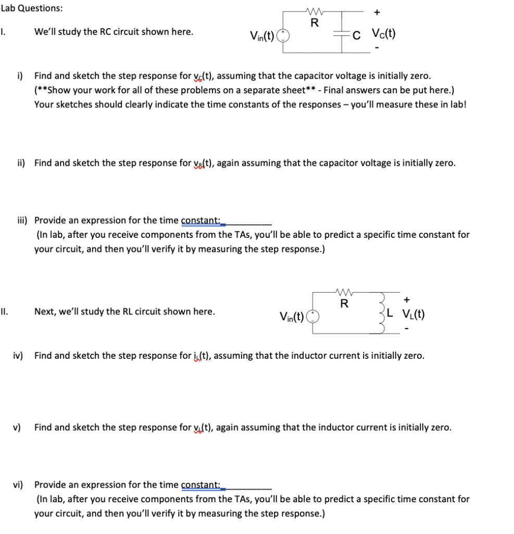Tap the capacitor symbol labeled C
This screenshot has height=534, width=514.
(342, 33)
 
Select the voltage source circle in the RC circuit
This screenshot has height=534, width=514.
(283, 36)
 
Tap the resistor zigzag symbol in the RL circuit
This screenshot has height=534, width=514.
(343, 293)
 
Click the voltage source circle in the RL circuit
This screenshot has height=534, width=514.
(313, 316)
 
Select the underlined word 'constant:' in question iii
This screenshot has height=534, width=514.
(200, 220)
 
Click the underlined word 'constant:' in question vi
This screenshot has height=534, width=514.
(200, 484)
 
